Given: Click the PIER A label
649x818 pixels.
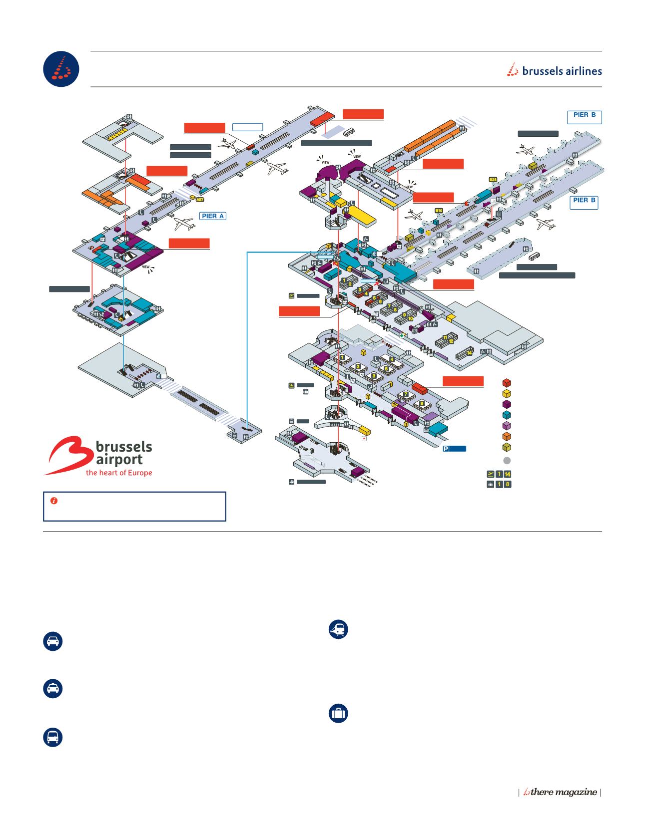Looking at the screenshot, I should (213, 216).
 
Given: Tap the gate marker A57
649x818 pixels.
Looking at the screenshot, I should (200, 200).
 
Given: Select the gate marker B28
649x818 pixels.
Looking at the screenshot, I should (493, 180).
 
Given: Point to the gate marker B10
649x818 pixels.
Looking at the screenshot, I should (439, 211).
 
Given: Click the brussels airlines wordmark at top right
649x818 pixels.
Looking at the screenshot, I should (555, 71).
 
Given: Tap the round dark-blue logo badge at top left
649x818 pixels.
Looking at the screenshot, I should (61, 69).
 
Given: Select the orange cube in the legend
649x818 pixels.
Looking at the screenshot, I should (507, 437).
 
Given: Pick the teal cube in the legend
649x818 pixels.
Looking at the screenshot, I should (507, 415).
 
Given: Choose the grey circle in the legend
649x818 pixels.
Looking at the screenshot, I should (507, 460).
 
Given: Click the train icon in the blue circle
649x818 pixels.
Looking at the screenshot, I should (338, 630).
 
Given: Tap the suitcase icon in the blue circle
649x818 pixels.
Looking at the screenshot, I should (338, 714).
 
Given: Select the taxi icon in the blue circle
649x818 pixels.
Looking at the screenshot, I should (53, 689).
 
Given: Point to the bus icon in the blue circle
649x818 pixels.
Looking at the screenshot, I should (53, 738).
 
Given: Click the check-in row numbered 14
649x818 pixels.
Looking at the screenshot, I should (469, 352).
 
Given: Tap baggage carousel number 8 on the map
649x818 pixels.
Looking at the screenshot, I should (422, 403).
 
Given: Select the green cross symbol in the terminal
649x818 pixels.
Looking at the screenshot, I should (401, 336).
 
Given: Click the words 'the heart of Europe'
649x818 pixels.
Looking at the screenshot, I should (119, 473).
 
